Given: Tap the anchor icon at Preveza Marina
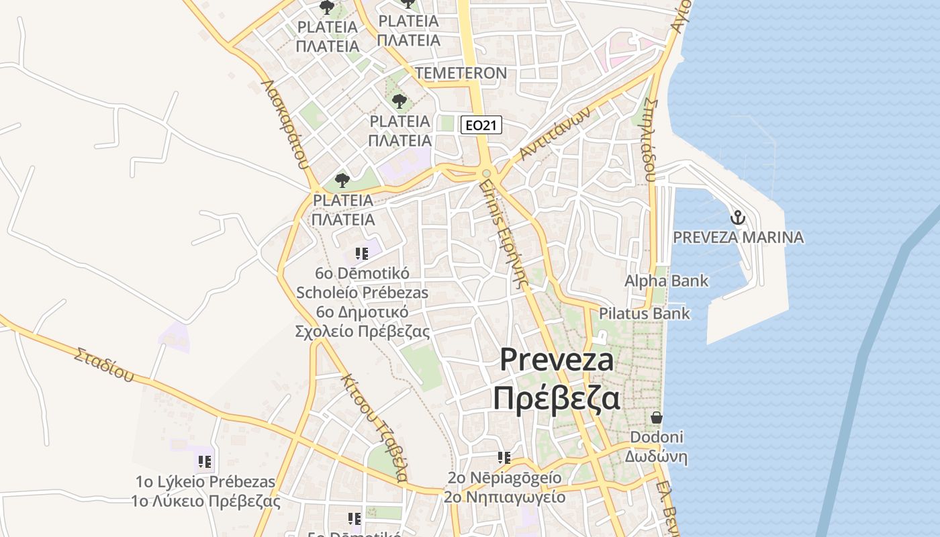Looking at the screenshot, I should tap(738, 217).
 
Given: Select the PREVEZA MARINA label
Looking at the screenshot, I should tap(738, 237).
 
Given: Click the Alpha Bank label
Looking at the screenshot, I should tap(666, 281).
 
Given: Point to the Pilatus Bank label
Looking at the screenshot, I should tap(644, 313).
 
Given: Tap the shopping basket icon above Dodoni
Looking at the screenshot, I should tap(656, 418).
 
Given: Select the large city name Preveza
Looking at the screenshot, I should tap(557, 360).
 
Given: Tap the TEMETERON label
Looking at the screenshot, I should tap(461, 72).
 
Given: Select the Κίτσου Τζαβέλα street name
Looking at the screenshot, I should tap(374, 426).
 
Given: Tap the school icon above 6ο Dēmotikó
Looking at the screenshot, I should tap(362, 254).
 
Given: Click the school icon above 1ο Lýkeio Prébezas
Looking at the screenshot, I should tap(205, 462).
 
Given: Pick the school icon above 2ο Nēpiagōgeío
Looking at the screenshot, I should tap(504, 458).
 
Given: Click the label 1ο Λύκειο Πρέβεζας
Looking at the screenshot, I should tap(205, 501).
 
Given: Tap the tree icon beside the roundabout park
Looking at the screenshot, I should tap(342, 180).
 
